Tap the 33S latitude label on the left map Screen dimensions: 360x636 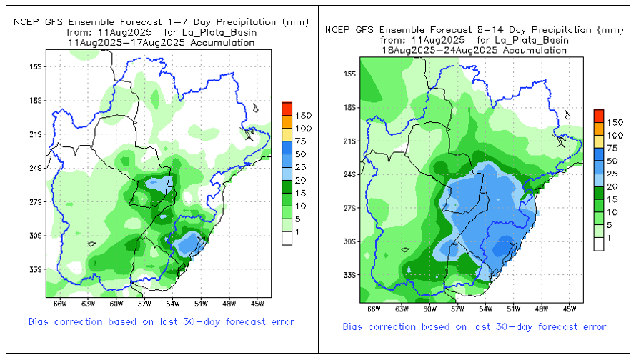click(36, 269)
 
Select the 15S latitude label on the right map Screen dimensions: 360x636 click(350, 74)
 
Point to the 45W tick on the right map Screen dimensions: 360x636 click(569, 309)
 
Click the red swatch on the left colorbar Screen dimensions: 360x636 click(287, 109)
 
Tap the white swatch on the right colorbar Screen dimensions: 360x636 click(599, 244)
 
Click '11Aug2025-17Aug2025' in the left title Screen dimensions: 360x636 click(120, 42)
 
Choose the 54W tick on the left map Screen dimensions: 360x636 click(174, 303)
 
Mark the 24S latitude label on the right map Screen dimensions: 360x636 click(350, 174)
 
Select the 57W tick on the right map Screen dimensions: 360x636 click(457, 309)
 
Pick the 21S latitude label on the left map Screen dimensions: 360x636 click(36, 134)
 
